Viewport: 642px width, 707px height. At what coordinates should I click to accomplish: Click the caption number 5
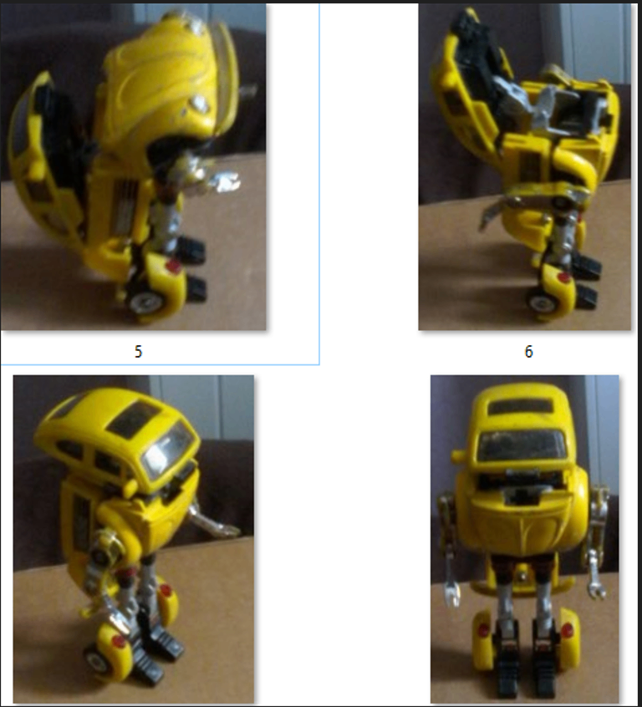pos(139,351)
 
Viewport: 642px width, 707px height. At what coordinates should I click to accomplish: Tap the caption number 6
pos(529,351)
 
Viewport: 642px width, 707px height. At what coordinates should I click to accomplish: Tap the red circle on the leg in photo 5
pos(173,266)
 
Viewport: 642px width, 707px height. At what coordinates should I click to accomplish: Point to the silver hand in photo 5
pos(225,181)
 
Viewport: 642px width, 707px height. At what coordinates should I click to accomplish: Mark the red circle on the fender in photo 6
pos(563,277)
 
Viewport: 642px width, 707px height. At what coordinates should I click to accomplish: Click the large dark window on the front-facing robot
pos(521,445)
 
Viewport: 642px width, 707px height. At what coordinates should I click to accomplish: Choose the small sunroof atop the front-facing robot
pos(520,406)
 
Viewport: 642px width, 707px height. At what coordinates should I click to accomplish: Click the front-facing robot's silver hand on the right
pos(597,587)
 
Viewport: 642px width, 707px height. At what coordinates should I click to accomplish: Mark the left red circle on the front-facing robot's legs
pos(484,629)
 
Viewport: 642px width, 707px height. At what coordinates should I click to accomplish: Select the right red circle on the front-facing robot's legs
pos(567,630)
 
